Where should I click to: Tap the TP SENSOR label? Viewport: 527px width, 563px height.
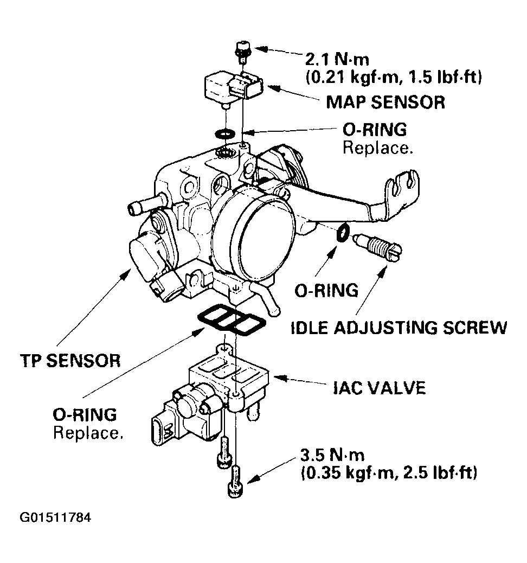pos(70,360)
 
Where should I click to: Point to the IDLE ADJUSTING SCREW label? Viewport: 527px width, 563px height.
pos(399,328)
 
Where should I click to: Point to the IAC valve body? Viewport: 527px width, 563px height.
pos(228,382)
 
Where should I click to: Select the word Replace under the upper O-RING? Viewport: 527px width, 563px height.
pos(378,148)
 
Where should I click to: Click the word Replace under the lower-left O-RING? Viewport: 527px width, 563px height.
pos(87,433)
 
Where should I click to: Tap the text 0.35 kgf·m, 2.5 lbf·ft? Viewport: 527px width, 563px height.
pos(389,472)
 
